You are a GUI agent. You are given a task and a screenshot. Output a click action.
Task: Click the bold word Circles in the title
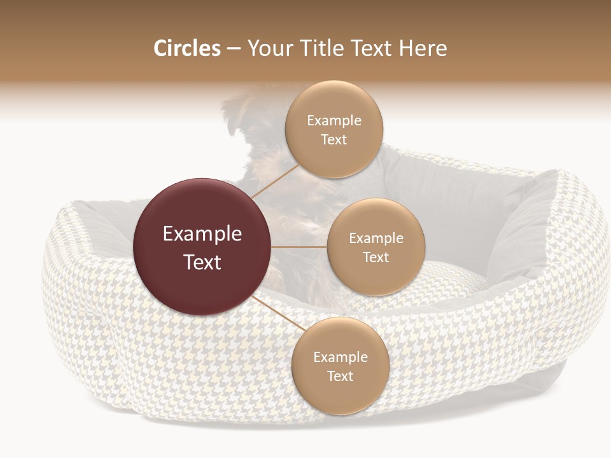click(x=187, y=48)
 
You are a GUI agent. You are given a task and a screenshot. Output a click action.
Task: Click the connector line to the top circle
click(x=275, y=181)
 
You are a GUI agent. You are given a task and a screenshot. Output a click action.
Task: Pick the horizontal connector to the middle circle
click(x=299, y=247)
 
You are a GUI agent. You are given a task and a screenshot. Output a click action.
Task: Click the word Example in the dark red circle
click(x=202, y=234)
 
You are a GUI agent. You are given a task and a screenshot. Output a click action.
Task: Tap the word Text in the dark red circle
click(x=202, y=262)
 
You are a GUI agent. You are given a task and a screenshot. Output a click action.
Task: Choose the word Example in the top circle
click(x=334, y=121)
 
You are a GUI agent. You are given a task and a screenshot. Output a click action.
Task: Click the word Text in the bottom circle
click(x=341, y=376)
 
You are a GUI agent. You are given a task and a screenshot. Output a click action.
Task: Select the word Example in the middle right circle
click(x=376, y=239)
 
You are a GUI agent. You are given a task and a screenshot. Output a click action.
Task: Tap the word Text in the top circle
click(x=334, y=139)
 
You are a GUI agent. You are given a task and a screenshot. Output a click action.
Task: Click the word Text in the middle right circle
click(x=376, y=257)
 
